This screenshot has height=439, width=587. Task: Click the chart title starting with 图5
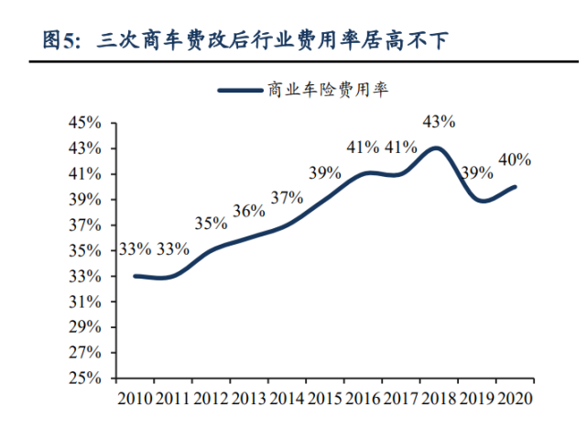click(x=247, y=40)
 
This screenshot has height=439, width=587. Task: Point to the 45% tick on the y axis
click(x=91, y=123)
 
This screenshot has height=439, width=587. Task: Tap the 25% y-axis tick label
click(x=91, y=378)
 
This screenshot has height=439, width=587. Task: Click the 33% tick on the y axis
click(x=91, y=276)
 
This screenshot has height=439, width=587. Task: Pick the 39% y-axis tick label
click(x=91, y=200)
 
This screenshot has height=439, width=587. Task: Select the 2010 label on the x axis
click(x=135, y=399)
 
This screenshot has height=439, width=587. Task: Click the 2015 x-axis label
click(x=324, y=399)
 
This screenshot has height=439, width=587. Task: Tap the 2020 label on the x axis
click(x=514, y=399)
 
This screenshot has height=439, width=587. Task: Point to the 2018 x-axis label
click(x=438, y=399)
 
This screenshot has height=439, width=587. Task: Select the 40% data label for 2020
click(x=515, y=159)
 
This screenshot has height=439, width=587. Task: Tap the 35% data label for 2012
click(x=211, y=223)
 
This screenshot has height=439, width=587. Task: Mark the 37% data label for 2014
click(x=287, y=197)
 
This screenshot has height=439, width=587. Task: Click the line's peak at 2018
click(x=438, y=148)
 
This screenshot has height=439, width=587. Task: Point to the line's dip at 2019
click(x=477, y=200)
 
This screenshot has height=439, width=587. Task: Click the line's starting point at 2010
click(x=135, y=276)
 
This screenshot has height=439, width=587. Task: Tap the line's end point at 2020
click(x=515, y=187)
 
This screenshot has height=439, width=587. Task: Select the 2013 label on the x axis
click(x=248, y=399)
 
